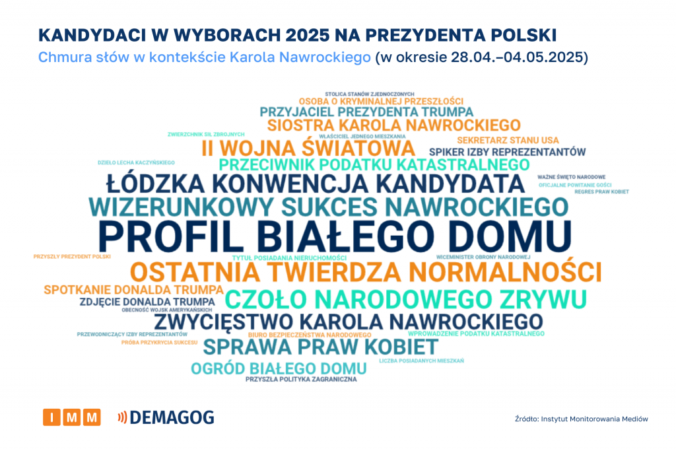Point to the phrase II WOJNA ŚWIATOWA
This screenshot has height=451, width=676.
[x=308, y=148]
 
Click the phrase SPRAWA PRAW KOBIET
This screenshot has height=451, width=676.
[x=320, y=346]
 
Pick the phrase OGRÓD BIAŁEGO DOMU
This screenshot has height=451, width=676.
[x=279, y=368]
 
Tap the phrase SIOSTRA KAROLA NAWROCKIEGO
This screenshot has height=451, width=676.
[x=393, y=125]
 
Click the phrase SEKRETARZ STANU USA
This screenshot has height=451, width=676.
[x=508, y=140]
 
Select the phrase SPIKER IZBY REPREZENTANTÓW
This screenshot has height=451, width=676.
[x=507, y=152]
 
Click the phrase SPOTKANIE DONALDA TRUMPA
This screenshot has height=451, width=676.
[x=133, y=289]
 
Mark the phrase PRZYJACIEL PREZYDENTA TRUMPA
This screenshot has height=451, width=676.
[x=366, y=112]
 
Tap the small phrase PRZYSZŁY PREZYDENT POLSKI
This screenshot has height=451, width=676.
[x=72, y=256]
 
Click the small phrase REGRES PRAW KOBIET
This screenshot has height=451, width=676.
[x=601, y=191]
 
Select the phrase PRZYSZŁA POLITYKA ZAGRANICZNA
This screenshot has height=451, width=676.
[x=301, y=380]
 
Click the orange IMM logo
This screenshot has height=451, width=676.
[x=72, y=417]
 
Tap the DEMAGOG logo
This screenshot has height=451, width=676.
[x=166, y=417]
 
